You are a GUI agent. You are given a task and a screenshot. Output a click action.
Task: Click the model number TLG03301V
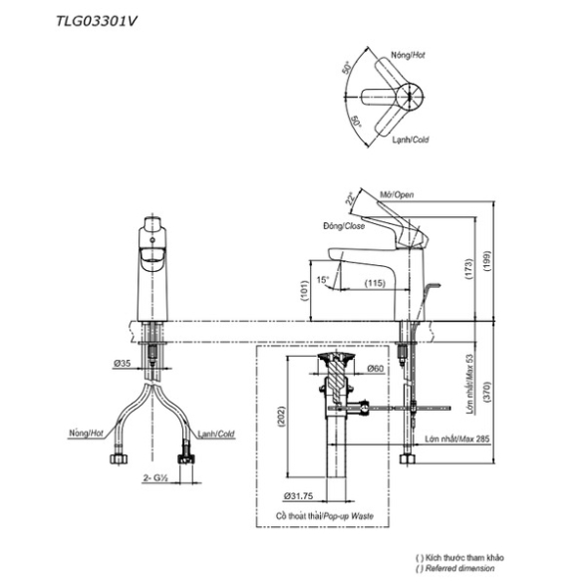[97, 21]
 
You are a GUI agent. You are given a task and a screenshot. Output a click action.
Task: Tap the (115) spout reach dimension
[375, 283]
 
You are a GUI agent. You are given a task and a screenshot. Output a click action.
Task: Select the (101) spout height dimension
[305, 291]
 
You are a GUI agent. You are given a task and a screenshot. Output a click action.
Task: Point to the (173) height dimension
[469, 269]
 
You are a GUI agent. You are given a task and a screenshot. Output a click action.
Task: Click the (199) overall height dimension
[486, 261]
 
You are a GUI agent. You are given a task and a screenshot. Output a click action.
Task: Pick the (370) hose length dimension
[486, 392]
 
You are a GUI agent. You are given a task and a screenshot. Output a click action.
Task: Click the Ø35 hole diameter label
[123, 363]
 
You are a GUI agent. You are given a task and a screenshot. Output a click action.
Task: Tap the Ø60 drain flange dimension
[375, 368]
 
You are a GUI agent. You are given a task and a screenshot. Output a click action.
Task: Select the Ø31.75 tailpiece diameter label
[298, 496]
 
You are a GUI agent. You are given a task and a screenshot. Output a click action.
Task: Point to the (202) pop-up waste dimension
[281, 417]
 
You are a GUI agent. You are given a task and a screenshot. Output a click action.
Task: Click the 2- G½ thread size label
[155, 477]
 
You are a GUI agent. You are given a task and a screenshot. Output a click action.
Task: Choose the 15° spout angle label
[323, 279]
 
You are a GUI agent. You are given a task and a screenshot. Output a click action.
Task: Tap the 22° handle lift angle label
[350, 198]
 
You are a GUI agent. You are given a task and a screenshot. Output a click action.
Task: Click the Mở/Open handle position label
[397, 194]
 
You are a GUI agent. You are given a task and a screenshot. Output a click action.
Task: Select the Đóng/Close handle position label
[344, 226]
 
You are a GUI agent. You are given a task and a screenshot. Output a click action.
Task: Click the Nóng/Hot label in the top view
[408, 55]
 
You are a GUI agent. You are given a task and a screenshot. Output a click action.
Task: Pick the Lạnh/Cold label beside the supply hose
[215, 434]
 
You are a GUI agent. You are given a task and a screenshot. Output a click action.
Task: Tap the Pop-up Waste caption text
[348, 516]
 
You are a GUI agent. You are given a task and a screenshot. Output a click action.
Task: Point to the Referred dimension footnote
[459, 569]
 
